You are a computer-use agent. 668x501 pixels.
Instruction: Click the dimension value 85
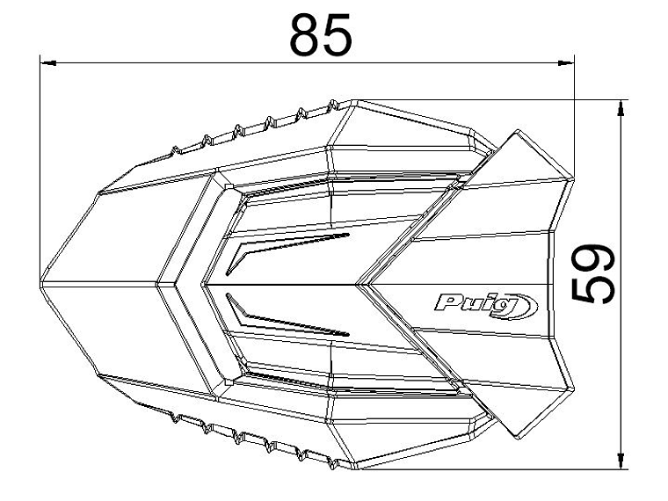[322, 34]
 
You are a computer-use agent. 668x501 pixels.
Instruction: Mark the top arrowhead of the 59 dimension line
[622, 106]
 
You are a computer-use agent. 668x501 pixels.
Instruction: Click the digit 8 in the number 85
[305, 34]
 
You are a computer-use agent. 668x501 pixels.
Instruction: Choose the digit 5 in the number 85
[338, 34]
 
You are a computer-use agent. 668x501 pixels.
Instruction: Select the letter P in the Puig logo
[445, 305]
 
